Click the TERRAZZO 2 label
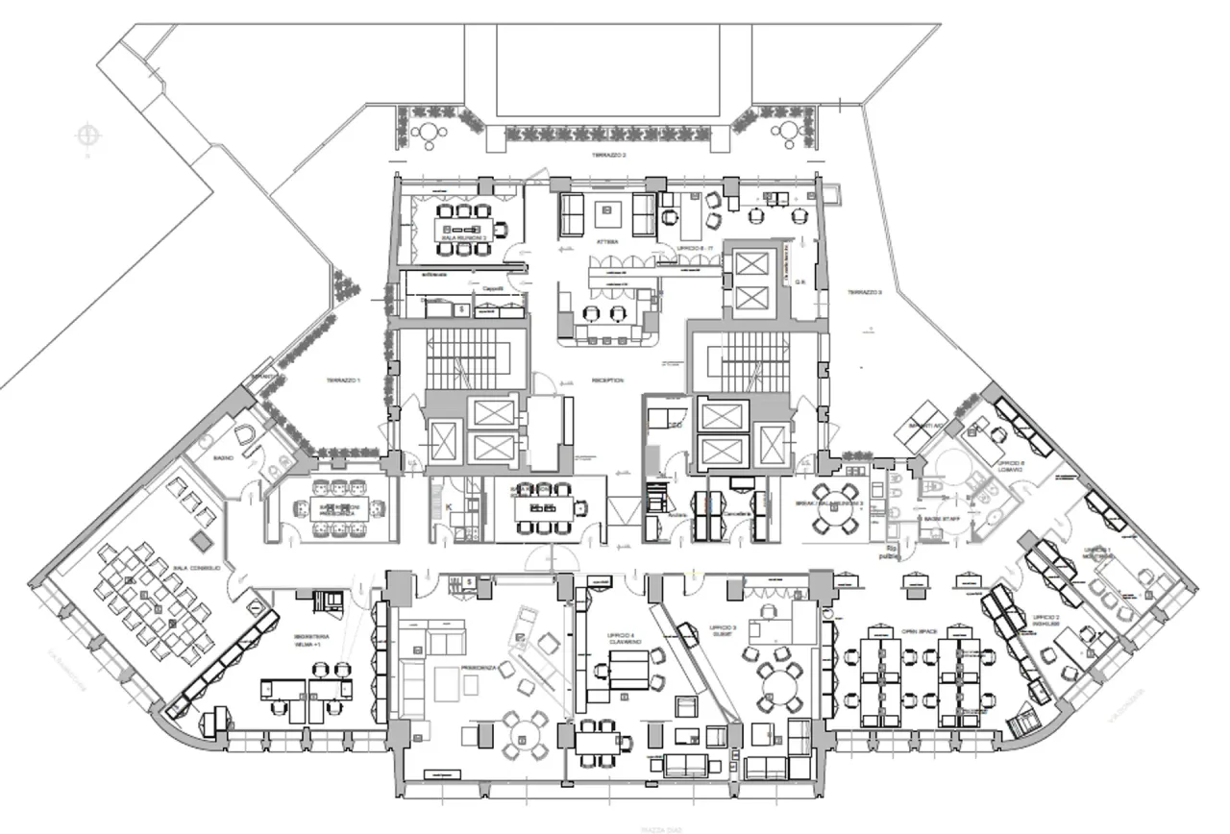point(608,155)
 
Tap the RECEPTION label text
point(608,380)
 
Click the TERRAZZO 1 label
point(343,381)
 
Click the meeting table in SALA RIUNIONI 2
point(463,232)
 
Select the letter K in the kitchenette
point(448,506)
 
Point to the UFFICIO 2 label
point(1046,619)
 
